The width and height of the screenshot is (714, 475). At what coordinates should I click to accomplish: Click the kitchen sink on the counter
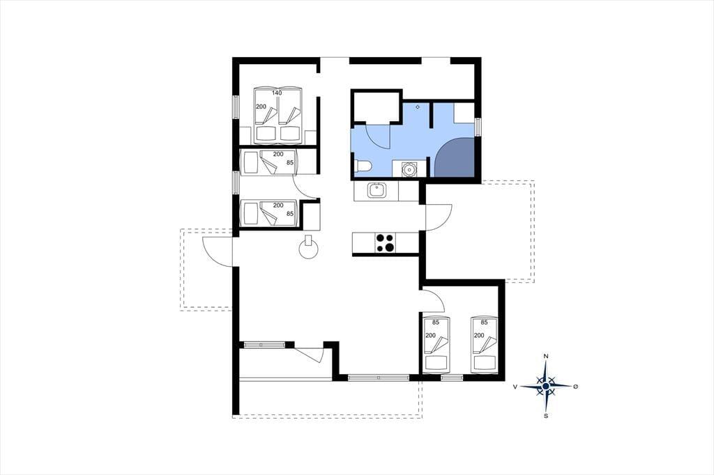click(377, 190)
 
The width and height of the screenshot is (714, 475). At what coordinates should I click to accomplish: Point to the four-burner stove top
click(385, 243)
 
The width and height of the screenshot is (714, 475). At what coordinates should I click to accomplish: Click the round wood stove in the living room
click(308, 247)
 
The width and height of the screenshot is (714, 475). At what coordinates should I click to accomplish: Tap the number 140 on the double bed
click(277, 93)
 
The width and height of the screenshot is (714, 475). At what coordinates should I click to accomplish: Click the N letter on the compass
click(546, 356)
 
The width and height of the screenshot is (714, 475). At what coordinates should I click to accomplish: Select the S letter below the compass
click(546, 415)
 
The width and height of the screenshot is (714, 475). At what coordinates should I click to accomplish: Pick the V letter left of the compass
click(515, 387)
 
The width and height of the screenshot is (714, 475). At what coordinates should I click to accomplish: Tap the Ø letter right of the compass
click(575, 387)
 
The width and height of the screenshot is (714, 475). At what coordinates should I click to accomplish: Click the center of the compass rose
click(545, 387)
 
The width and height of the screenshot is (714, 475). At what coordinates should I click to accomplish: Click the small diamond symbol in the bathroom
click(418, 107)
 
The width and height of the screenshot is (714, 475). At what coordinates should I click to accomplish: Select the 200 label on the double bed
click(261, 107)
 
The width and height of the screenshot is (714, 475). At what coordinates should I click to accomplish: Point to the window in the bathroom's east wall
click(478, 127)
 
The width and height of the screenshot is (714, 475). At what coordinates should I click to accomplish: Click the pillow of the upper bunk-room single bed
click(250, 162)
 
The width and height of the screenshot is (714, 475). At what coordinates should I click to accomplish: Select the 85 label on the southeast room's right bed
click(484, 322)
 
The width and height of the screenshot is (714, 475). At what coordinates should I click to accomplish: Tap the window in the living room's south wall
click(379, 377)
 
